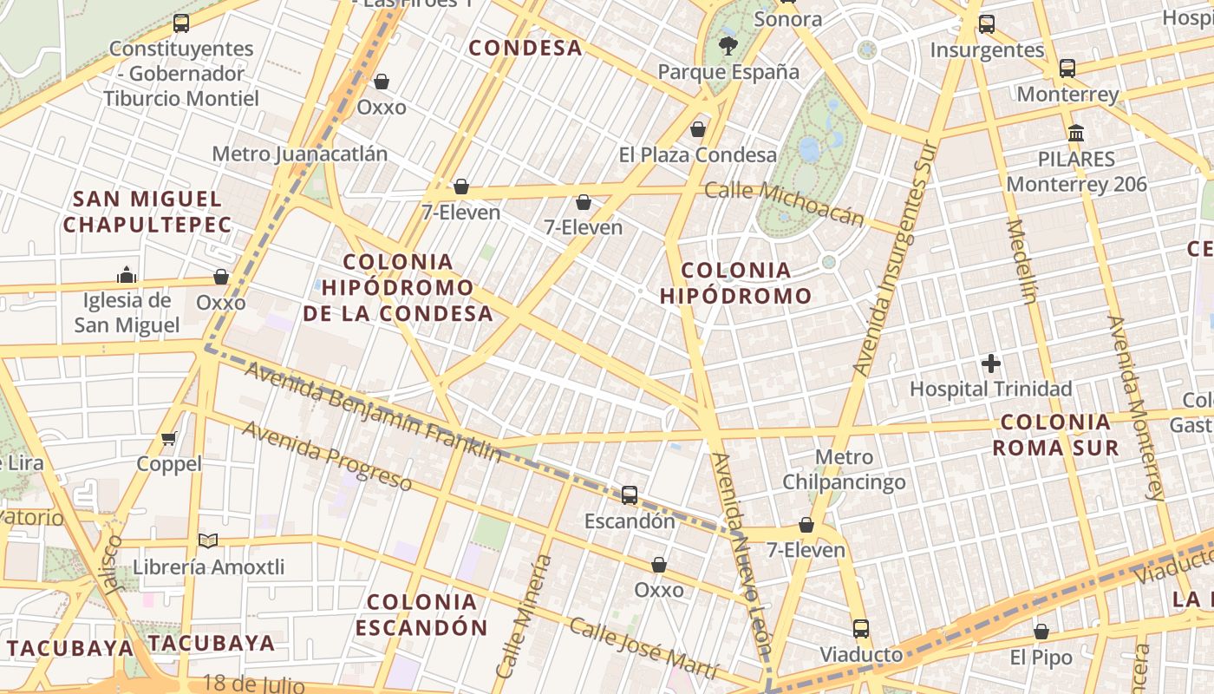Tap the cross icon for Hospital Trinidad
[x=991, y=363]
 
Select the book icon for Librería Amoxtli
[x=208, y=541]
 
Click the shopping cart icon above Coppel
[x=169, y=438]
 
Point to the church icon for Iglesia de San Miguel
[x=127, y=275]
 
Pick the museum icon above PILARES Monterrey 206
[x=1076, y=134]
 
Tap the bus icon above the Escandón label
[x=630, y=495]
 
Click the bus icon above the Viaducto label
[x=860, y=629]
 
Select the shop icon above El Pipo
[x=1041, y=632]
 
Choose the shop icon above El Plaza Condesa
[x=698, y=130]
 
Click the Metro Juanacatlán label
[x=299, y=154]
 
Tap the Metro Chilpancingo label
[x=844, y=469]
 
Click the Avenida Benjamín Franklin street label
[x=373, y=411]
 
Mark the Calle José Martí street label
[x=643, y=649]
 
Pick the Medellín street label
[x=1021, y=262]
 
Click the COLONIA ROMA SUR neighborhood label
[x=1054, y=435]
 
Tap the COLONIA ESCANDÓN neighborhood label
[x=421, y=614]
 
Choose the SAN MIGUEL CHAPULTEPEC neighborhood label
[x=147, y=212]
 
